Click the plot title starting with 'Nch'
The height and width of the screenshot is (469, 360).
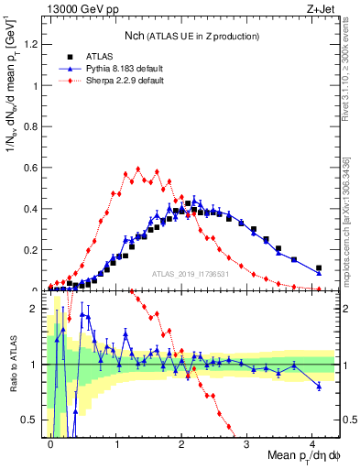[x=179, y=35]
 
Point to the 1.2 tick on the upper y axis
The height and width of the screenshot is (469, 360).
[x=34, y=45]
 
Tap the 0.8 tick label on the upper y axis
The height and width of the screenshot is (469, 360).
[x=34, y=126]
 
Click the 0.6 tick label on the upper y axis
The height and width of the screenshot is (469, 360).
[x=34, y=168]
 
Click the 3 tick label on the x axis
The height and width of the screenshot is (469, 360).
[x=247, y=443]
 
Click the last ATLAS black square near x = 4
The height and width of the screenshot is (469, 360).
[x=319, y=268]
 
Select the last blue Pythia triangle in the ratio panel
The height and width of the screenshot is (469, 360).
[x=319, y=386]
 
